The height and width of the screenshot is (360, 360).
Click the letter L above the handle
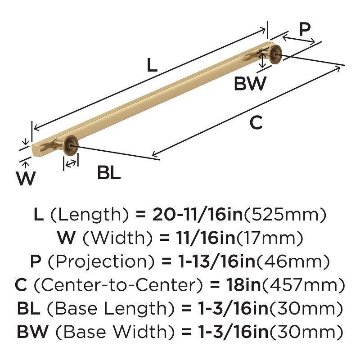pyautogui.click(x=152, y=66)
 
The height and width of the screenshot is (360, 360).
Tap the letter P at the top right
pyautogui.click(x=305, y=30)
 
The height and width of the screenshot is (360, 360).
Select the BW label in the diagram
pyautogui.click(x=250, y=84)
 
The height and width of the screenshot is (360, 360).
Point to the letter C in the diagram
pyautogui.click(x=256, y=122)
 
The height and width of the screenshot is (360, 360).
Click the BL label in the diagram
pyautogui.click(x=109, y=173)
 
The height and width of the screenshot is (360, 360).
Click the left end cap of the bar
pyautogui.click(x=34, y=149)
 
